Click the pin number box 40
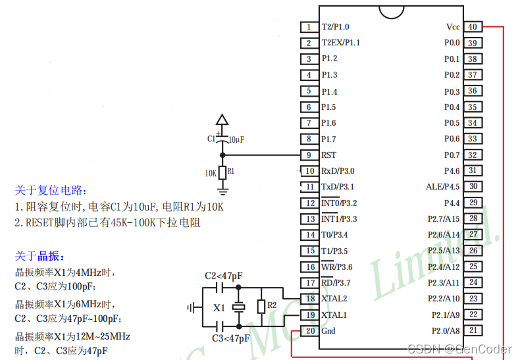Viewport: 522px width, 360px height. point(473,27)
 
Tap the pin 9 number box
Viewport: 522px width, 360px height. point(309,155)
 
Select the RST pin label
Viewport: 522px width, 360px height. point(329,155)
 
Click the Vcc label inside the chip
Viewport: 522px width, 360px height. point(453,27)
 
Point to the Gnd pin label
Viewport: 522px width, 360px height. point(328,330)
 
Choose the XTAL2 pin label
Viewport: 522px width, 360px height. point(334,299)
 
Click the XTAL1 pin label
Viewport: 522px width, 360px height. point(334,315)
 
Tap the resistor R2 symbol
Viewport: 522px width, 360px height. point(261,306)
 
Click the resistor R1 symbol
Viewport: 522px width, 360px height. point(222,172)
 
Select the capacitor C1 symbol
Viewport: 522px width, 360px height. point(222,140)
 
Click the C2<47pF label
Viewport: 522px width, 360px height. point(223,275)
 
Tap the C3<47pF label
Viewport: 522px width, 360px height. point(230,338)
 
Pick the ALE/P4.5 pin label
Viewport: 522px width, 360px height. point(442,187)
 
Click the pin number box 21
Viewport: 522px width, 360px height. point(473,330)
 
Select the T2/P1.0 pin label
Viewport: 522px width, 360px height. point(336,27)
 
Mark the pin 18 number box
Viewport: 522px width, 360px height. point(309,299)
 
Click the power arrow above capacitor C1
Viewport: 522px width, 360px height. point(222,120)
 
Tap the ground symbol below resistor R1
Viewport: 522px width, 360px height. point(222,191)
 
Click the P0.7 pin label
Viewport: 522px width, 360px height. point(452,155)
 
